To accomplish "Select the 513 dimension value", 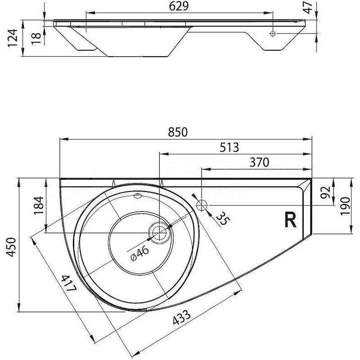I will pyautogui.click(x=230, y=147).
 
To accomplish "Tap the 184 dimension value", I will pyautogui.click(x=38, y=206).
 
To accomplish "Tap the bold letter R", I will pyautogui.click(x=290, y=219).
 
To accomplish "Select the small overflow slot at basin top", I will pyautogui.click(x=138, y=196).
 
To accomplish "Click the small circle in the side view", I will pyautogui.click(x=273, y=34).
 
